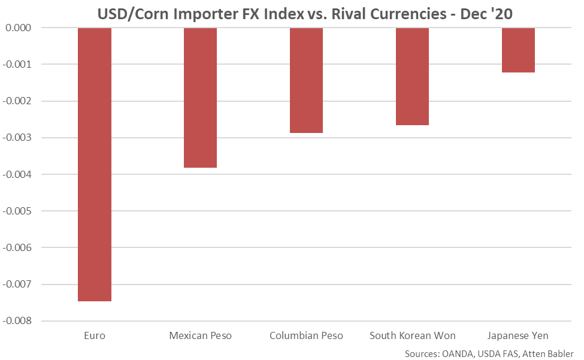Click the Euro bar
point(95,164)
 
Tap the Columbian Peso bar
point(306,80)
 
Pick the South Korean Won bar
point(412,77)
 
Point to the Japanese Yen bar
point(518,50)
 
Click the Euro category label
point(95,335)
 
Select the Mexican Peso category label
point(200,335)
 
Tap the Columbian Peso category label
point(306,335)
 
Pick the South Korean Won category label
point(412,335)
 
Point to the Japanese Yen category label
point(518,335)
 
